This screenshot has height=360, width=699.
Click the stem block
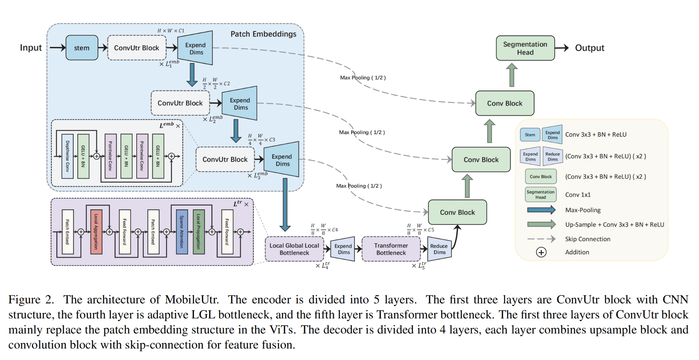82,48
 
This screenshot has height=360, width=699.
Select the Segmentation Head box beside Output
525,48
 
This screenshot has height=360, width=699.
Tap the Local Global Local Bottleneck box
294,249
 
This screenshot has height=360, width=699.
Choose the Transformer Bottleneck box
391,249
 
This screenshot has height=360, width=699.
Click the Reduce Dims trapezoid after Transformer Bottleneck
439,249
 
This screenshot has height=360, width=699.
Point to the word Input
31,48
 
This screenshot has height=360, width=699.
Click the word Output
590,48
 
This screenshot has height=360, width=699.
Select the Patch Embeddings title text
263,34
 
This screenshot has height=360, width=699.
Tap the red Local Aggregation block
96,232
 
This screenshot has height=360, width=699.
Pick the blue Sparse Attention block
182,232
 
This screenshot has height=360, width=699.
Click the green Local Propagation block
199,232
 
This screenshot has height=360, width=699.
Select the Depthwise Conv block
67,156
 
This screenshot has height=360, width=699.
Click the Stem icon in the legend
530,135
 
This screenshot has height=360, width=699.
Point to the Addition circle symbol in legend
541,252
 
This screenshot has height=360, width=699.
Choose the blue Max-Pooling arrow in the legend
541,210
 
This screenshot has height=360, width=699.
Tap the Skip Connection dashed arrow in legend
541,239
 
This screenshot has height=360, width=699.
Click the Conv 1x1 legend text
578,195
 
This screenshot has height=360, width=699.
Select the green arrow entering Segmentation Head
512,75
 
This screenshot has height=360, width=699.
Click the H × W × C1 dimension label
171,31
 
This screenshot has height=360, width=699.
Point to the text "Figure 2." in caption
31,300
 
